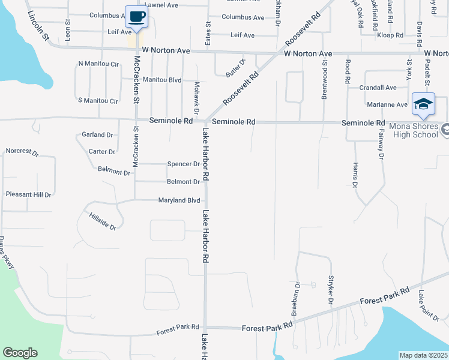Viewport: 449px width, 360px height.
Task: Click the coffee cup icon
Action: click(x=137, y=17)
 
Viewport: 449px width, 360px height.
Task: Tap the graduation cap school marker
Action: click(x=423, y=104)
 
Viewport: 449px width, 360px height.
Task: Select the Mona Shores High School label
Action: click(x=414, y=130)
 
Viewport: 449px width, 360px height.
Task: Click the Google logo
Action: click(x=20, y=353)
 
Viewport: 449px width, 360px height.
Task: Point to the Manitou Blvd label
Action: click(x=162, y=79)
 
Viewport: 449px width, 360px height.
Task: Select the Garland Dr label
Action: click(x=98, y=135)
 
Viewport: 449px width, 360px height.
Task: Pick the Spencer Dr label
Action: click(x=184, y=164)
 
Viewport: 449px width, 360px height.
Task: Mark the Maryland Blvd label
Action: click(x=178, y=200)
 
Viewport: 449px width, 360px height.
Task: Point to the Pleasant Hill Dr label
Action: click(x=28, y=194)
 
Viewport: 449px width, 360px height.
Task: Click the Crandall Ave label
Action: click(x=378, y=88)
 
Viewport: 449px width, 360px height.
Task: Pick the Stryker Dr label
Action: click(x=330, y=290)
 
